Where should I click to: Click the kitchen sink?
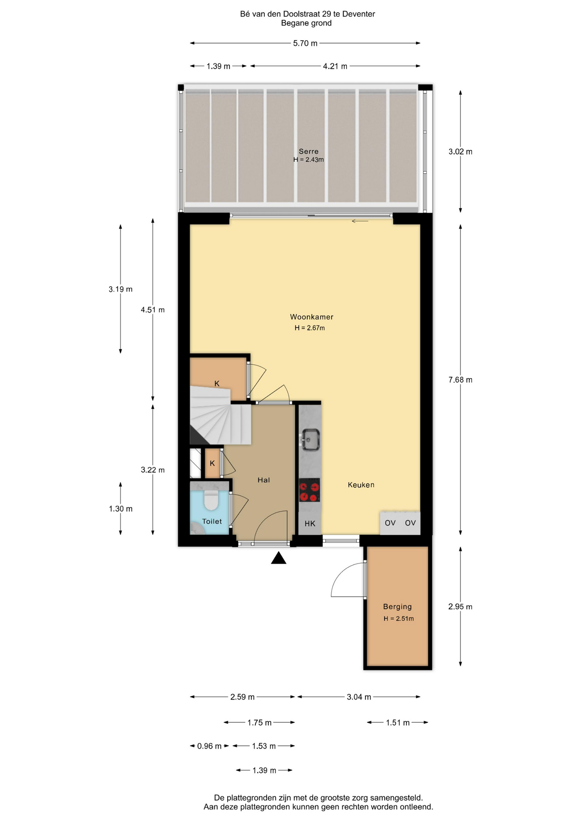pyautogui.click(x=310, y=440)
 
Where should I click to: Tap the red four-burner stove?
pyautogui.click(x=309, y=490)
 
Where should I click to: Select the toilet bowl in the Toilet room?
pyautogui.click(x=211, y=500)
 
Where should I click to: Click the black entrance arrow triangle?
pyautogui.click(x=279, y=557)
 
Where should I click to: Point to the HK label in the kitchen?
pyautogui.click(x=310, y=523)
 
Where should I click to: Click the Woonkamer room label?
pyautogui.click(x=311, y=317)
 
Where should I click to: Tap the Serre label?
pyautogui.click(x=308, y=151)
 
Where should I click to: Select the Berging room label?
pyautogui.click(x=397, y=606)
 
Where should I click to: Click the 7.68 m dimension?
pyautogui.click(x=460, y=380)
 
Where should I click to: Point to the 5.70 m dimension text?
pyautogui.click(x=305, y=43)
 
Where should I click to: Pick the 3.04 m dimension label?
pyautogui.click(x=359, y=697)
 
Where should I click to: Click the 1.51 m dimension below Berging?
pyautogui.click(x=397, y=723)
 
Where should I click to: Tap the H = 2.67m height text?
pyautogui.click(x=309, y=328)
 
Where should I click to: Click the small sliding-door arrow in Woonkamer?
pyautogui.click(x=360, y=221)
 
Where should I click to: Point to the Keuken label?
pyautogui.click(x=361, y=485)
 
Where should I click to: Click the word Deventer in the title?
pyautogui.click(x=359, y=14)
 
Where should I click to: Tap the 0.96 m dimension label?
pyautogui.click(x=209, y=746)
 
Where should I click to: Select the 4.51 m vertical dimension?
pyautogui.click(x=153, y=310)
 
